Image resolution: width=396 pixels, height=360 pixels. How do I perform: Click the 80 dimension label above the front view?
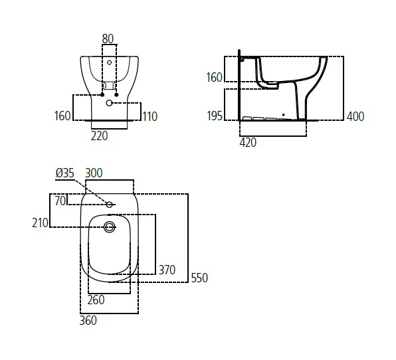pos(108,39)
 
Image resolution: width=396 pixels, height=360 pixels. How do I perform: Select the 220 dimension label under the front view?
pos(99,135)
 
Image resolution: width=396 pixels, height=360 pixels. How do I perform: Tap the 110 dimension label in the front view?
pos(150,116)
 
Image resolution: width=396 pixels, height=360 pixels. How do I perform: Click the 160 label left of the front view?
pos(62,116)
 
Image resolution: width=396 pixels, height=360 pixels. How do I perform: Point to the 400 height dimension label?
pos(355,116)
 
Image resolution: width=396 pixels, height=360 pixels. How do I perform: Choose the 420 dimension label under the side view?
pos(248,143)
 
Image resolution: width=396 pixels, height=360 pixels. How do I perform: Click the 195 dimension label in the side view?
pos(215,116)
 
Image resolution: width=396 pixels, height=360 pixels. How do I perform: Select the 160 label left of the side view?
pos(214,77)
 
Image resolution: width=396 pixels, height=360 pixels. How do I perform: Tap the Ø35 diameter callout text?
pos(65,173)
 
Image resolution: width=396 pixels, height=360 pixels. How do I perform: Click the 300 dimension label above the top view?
pos(94,173)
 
